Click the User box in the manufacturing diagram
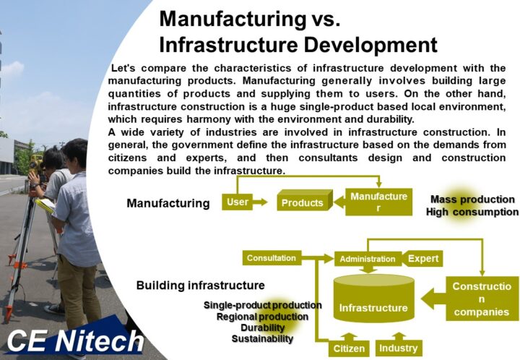(x=237, y=202)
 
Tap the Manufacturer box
(x=378, y=202)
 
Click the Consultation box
(x=272, y=258)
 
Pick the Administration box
(x=368, y=259)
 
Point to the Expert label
(x=422, y=259)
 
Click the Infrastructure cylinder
(x=374, y=299)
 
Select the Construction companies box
(x=482, y=299)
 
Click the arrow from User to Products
(x=260, y=202)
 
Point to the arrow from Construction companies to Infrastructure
(x=433, y=299)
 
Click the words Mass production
(x=472, y=200)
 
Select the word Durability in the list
(x=263, y=327)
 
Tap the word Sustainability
(x=262, y=339)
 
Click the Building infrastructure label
(x=200, y=286)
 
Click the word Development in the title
(x=370, y=45)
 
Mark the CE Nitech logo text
(x=76, y=341)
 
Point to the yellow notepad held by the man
(x=45, y=205)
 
